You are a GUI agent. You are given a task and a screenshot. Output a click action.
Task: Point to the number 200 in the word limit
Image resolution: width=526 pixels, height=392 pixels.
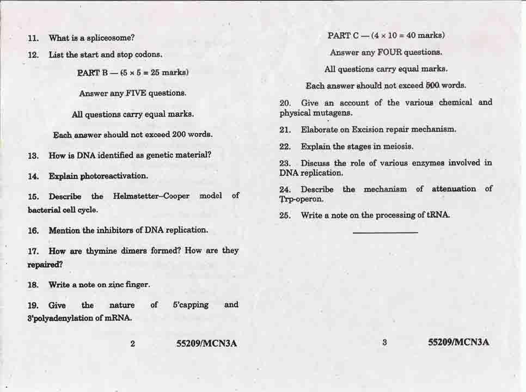click(x=179, y=134)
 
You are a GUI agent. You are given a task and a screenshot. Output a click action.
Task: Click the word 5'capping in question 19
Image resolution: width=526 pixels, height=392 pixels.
click(x=191, y=305)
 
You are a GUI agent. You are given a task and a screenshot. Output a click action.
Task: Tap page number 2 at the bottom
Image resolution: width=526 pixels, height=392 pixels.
click(x=132, y=344)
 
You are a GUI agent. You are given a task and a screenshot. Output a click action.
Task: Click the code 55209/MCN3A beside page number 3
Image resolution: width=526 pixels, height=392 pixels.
click(x=458, y=342)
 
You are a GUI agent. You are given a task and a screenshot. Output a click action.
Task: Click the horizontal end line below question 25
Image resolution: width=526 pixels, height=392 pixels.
click(x=385, y=232)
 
